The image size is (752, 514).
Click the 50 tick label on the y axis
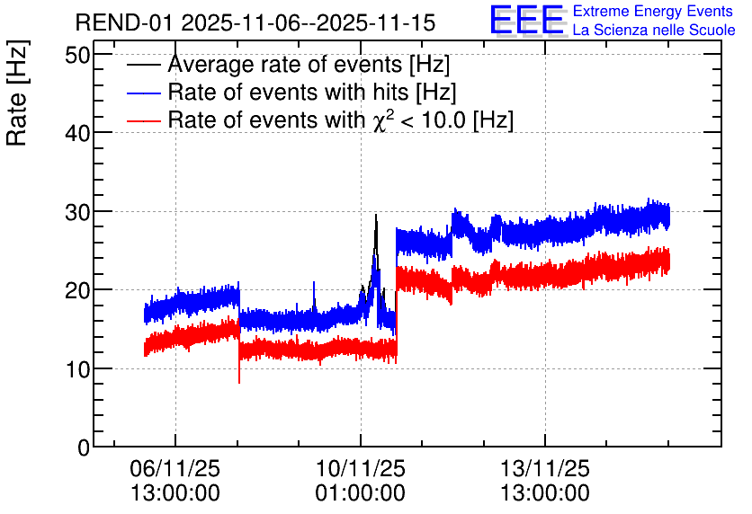[77, 55]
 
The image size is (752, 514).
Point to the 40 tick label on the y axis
[77, 133]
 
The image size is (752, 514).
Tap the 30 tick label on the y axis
[77, 212]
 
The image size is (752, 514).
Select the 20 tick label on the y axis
[77, 290]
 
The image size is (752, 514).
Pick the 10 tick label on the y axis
[77, 369]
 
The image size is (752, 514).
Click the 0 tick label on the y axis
[84, 448]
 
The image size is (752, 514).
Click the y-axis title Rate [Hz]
[17, 93]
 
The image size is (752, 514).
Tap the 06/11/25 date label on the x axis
[175, 468]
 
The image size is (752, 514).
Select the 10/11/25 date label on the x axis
[360, 468]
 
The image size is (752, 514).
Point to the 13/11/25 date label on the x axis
[545, 468]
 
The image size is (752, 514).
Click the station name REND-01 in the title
[124, 22]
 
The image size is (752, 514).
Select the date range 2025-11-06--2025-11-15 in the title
[309, 22]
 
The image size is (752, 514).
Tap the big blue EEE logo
[528, 21]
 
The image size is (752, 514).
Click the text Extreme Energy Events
[653, 11]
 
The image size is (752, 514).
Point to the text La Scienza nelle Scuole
[654, 30]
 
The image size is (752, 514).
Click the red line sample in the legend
[144, 120]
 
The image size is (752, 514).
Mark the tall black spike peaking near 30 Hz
[376, 249]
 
